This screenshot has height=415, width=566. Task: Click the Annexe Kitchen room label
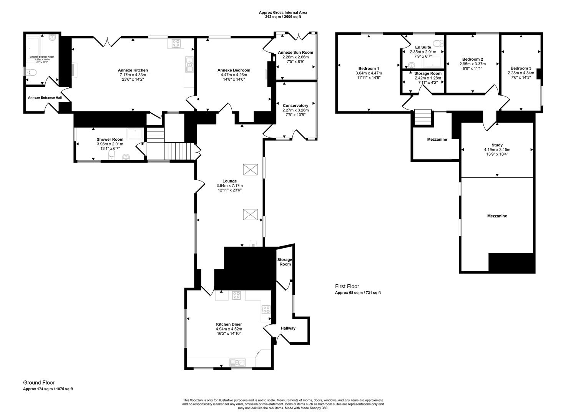point(133,70)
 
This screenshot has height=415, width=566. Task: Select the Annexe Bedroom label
point(234,70)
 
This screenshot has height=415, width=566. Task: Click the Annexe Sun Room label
point(295,53)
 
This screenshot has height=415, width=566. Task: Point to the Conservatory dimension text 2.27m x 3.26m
point(295,110)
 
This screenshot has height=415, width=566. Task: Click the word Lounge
point(229,181)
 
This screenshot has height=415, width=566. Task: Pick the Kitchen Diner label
point(229,324)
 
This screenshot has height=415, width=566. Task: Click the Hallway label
point(288,328)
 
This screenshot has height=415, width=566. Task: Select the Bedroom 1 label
point(368,69)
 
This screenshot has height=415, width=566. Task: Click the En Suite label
point(423,47)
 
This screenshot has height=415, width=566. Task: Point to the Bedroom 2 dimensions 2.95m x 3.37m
point(472,64)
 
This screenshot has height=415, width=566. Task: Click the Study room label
point(497,145)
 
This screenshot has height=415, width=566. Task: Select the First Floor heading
point(347,286)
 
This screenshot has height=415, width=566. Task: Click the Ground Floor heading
point(39,382)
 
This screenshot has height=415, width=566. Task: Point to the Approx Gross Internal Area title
point(283,13)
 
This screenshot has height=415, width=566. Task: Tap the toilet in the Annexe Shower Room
point(31,72)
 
